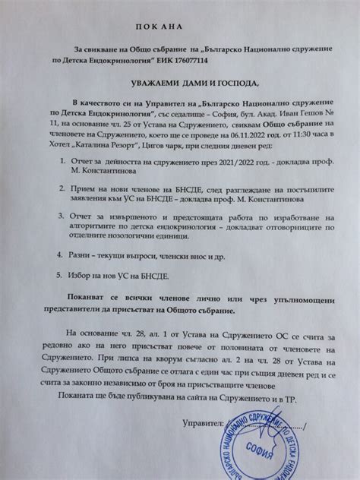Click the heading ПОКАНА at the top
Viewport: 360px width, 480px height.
(180, 24)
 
